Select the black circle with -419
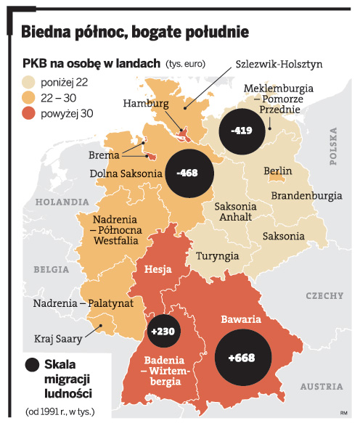(243, 131)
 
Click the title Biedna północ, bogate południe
(135, 32)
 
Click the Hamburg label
(145, 103)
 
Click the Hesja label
(157, 270)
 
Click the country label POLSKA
(335, 145)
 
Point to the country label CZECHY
(324, 295)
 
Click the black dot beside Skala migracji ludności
(31, 365)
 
